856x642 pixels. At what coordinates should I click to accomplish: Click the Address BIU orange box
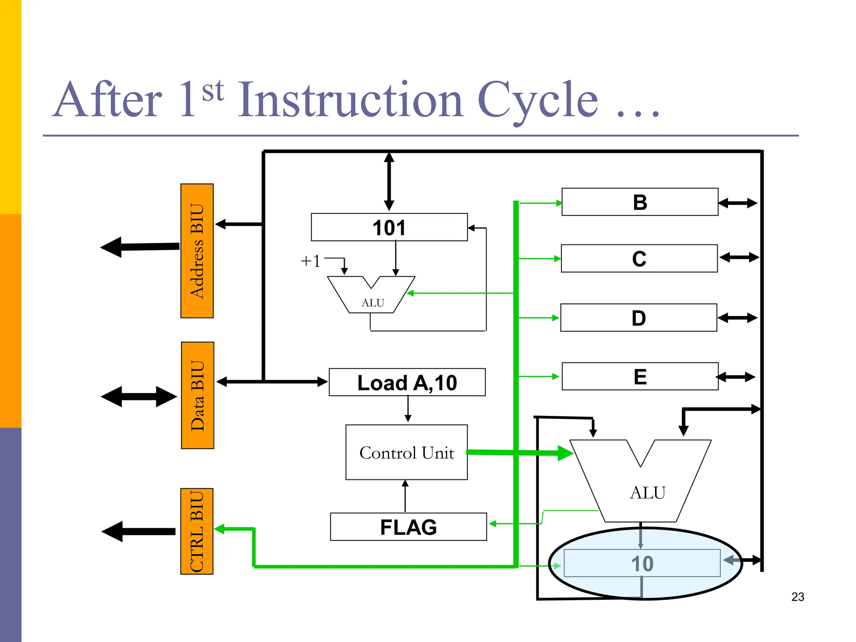(x=197, y=251)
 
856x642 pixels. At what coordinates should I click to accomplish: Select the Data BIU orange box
(x=197, y=395)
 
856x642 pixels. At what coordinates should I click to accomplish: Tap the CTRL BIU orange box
(x=196, y=531)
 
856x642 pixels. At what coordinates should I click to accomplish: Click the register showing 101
(x=389, y=227)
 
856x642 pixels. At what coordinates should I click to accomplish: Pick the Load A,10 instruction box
(x=407, y=382)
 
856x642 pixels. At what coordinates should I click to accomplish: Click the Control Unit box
(x=406, y=453)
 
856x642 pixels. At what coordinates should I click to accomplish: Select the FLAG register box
(x=408, y=527)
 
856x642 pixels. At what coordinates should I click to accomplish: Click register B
(x=640, y=202)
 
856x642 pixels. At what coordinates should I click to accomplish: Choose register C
(x=639, y=259)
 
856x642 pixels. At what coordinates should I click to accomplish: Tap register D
(x=639, y=318)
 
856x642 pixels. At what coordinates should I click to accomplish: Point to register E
(x=640, y=377)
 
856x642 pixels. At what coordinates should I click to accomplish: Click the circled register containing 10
(x=642, y=563)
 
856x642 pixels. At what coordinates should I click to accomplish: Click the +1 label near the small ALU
(x=311, y=261)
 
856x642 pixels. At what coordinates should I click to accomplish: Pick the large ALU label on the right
(x=647, y=492)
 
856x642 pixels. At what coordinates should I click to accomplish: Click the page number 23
(x=797, y=597)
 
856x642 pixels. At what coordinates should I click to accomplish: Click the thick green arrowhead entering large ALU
(x=565, y=453)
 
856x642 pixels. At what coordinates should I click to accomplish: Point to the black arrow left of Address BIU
(x=140, y=247)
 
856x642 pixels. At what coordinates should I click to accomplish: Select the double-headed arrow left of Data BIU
(x=139, y=397)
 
